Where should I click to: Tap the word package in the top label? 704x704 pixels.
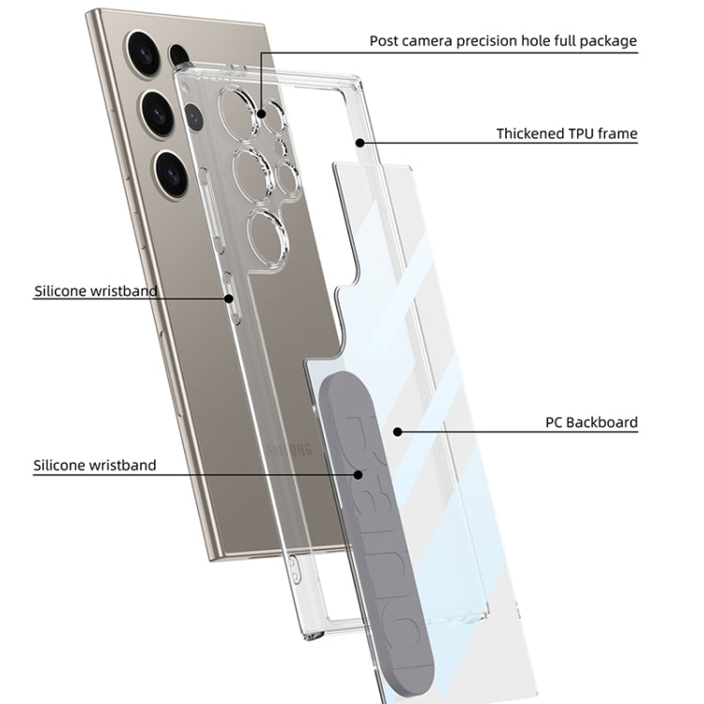pyautogui.click(x=608, y=40)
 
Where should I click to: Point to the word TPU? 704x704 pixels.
pyautogui.click(x=582, y=134)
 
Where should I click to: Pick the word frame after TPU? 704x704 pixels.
pyautogui.click(x=618, y=134)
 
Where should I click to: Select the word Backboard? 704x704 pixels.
pyautogui.click(x=604, y=422)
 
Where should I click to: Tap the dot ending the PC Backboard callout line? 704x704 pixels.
pyautogui.click(x=398, y=432)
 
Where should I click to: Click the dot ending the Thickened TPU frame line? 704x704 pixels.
pyautogui.click(x=360, y=143)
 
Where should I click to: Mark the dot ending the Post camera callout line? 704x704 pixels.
pyautogui.click(x=266, y=117)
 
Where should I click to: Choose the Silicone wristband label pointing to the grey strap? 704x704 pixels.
pyautogui.click(x=95, y=465)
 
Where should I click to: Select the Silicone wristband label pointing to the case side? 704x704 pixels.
pyautogui.click(x=95, y=291)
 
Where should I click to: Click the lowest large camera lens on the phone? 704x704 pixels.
pyautogui.click(x=172, y=171)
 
